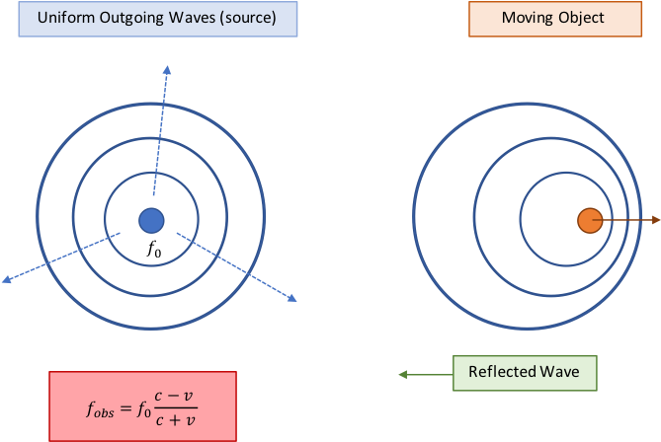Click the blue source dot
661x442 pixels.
point(150,220)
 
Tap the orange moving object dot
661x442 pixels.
point(589,221)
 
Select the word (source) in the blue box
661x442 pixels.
point(246,19)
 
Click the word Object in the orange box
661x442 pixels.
point(582,19)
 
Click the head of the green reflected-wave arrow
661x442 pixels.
point(401,374)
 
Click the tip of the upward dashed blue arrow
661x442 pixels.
point(167,68)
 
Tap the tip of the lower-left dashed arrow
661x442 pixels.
point(6,281)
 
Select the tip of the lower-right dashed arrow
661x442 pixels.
point(292,299)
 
